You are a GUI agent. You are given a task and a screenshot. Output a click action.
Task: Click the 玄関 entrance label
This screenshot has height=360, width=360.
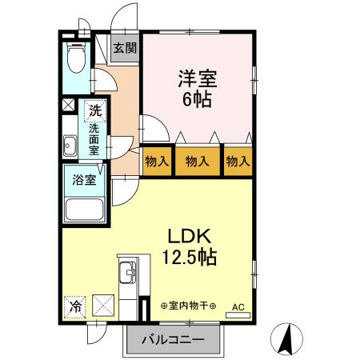click(124, 48)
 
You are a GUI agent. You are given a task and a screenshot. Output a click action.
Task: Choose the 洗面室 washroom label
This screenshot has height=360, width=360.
click(94, 138)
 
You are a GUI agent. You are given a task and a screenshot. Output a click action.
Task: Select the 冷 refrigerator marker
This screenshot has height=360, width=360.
click(74, 305)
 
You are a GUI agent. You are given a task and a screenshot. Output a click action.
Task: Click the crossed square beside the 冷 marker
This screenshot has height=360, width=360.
click(102, 304)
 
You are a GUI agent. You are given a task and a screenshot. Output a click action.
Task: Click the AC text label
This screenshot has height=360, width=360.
click(238, 306)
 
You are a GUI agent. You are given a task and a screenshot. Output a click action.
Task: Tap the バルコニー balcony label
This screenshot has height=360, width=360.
click(173, 339)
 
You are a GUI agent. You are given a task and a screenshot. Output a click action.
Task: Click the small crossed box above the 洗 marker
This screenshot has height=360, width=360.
click(67, 105)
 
